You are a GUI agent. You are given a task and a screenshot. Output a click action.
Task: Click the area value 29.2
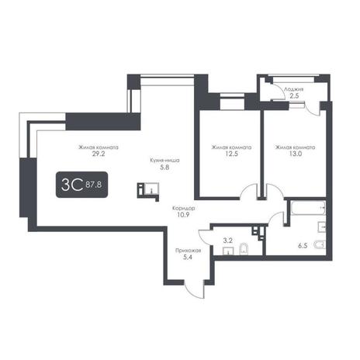(x=99, y=154)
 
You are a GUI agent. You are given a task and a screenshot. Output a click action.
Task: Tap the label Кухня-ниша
(x=164, y=161)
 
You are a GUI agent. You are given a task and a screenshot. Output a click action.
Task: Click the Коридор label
(x=184, y=208)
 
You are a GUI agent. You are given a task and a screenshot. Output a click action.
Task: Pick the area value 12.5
(x=231, y=154)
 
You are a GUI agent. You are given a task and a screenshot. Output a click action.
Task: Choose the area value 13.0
(x=296, y=154)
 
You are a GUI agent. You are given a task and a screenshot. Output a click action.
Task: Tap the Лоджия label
(x=294, y=89)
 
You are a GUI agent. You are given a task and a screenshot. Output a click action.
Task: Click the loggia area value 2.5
(x=294, y=95)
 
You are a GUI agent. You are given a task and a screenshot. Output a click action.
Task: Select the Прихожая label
(x=188, y=251)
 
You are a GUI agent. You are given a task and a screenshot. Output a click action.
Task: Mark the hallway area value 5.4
(x=188, y=258)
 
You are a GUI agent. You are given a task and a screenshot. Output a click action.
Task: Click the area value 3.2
(x=227, y=241)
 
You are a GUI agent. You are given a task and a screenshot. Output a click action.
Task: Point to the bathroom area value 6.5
(x=303, y=246)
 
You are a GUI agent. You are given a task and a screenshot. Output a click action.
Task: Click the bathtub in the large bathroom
(x=308, y=208)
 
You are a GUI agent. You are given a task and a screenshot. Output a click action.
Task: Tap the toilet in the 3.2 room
(x=244, y=249)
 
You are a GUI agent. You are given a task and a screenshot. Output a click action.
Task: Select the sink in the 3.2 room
(x=228, y=251)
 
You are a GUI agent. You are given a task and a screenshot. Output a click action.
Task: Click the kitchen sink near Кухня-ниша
(x=151, y=189)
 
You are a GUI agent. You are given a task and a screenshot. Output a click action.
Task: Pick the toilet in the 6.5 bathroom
(x=320, y=244)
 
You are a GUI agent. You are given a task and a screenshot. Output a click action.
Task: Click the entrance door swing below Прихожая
(x=195, y=289)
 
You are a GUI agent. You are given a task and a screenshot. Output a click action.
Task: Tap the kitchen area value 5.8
(x=164, y=168)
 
